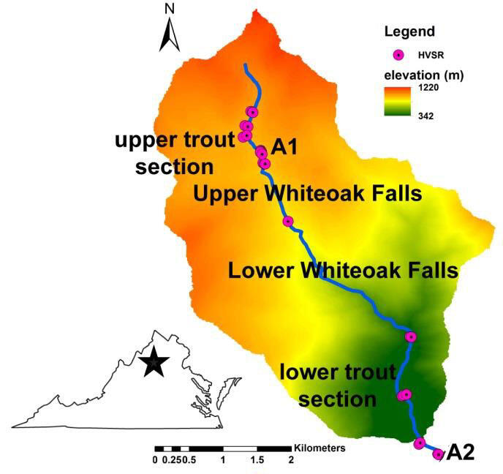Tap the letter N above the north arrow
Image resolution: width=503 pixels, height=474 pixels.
click(x=170, y=8)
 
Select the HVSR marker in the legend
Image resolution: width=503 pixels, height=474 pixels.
click(x=398, y=55)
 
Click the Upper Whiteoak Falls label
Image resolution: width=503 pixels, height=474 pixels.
click(x=308, y=195)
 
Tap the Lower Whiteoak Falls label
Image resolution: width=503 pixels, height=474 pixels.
click(x=343, y=270)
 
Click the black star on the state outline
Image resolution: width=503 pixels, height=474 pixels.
click(x=154, y=362)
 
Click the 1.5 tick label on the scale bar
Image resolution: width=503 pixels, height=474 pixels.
click(x=257, y=459)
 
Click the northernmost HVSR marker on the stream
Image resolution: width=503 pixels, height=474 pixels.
click(x=253, y=112)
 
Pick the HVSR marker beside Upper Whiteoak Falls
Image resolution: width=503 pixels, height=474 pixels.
click(x=288, y=221)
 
